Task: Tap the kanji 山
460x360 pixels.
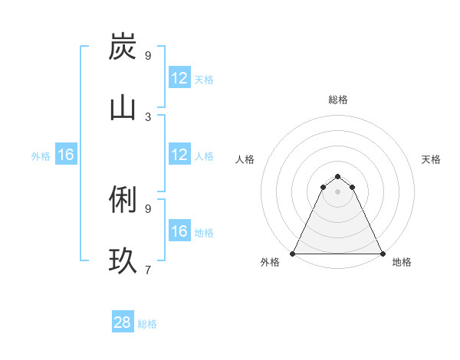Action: pos(123,107)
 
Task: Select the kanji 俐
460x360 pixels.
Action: pos(123,199)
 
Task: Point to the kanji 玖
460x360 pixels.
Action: pos(123,260)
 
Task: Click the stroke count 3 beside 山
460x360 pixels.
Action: pos(148,116)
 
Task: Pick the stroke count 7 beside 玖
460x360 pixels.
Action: pos(148,270)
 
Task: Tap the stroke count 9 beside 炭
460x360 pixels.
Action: pos(148,55)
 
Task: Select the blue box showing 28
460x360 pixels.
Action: pos(123,322)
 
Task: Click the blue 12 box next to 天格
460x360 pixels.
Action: pos(179,78)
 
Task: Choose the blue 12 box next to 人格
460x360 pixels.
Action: pos(179,155)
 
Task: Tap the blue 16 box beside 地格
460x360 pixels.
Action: pos(179,231)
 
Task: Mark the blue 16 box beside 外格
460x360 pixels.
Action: pos(66,155)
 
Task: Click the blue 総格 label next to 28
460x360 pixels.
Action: pos(147,324)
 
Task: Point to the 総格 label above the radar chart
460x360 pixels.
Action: pos(338,100)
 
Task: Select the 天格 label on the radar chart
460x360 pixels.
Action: pos(431,159)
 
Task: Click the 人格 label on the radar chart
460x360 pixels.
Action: pos(245,159)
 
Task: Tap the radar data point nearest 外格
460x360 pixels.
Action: pos(293,254)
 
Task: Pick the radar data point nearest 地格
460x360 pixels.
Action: pos(383,254)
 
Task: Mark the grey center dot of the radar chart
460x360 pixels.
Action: pos(338,191)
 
